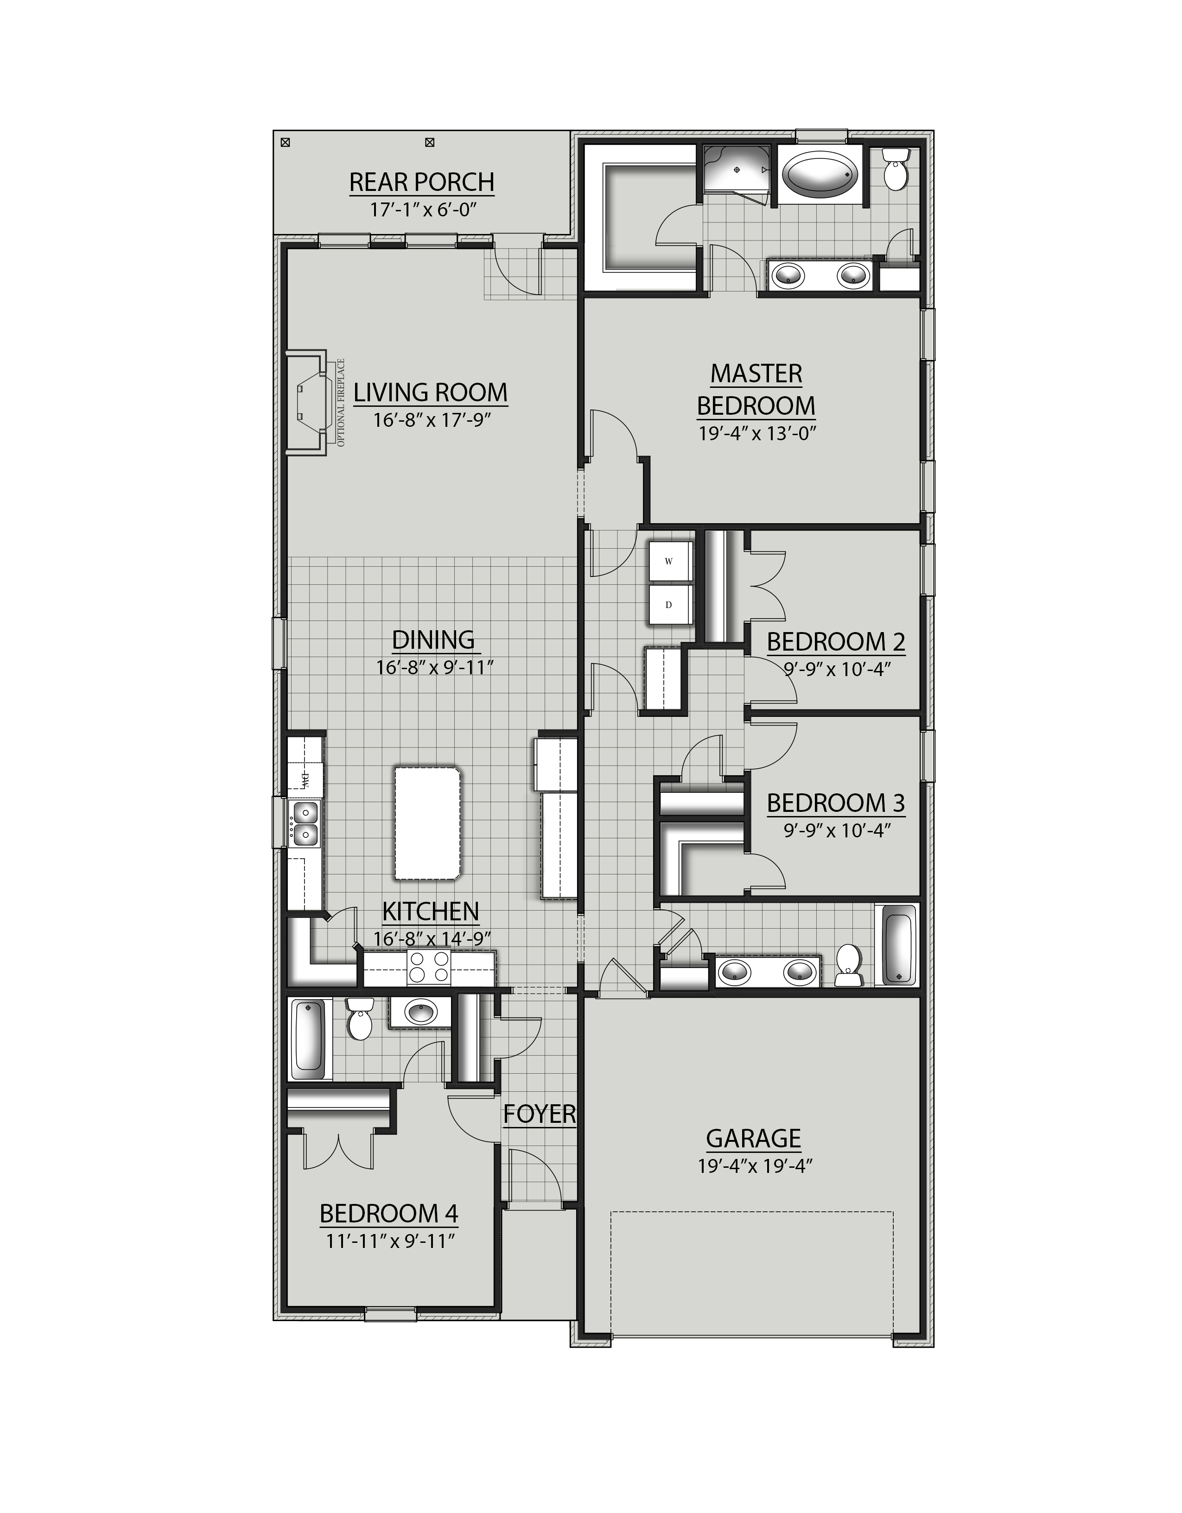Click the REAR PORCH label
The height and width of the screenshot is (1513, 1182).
point(421,182)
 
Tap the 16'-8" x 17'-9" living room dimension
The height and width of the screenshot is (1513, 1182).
point(432,420)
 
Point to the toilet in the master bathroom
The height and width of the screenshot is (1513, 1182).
point(896,168)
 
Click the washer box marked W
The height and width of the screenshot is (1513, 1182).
point(669,561)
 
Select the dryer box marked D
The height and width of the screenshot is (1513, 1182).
point(669,605)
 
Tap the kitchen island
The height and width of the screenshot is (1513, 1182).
point(427,823)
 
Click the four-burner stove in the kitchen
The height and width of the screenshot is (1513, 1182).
point(427,968)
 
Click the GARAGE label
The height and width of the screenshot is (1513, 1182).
point(753,1138)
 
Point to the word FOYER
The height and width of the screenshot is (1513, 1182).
point(539,1114)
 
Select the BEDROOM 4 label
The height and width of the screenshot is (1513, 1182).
point(389,1213)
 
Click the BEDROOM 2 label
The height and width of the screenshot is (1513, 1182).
point(836,642)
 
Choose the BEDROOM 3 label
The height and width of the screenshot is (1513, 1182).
point(836,803)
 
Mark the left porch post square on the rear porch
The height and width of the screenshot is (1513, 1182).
point(285,143)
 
